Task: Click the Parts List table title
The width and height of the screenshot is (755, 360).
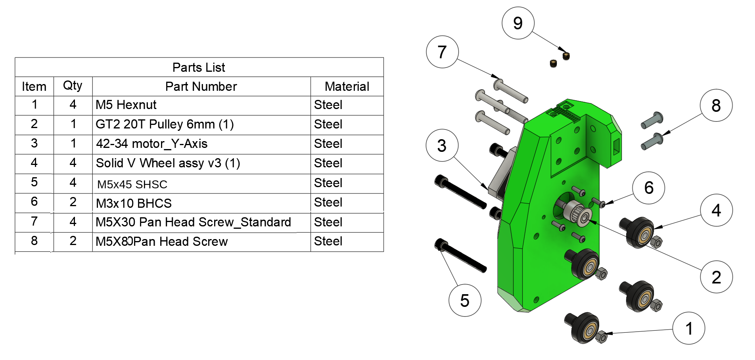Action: tap(199, 67)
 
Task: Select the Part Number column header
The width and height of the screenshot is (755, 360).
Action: tap(201, 86)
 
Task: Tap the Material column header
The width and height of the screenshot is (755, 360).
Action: tap(347, 86)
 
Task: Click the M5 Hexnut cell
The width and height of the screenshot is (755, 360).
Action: tap(126, 105)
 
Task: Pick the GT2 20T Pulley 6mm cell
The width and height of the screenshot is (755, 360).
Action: tap(165, 124)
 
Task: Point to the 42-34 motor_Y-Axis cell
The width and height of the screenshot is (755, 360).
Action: tap(151, 144)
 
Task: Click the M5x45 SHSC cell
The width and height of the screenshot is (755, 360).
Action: tap(132, 184)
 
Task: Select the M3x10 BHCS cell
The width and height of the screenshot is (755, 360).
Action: tap(134, 203)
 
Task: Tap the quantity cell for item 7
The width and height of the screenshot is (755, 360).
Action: tap(73, 222)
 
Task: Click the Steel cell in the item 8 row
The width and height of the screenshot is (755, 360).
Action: tap(328, 241)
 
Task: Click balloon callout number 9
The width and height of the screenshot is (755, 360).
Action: tap(518, 23)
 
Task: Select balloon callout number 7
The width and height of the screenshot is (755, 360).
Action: tap(442, 52)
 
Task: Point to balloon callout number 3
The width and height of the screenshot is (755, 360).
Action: tap(442, 146)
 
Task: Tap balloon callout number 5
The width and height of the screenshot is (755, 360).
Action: tap(465, 301)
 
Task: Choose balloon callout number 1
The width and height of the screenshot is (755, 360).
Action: tap(689, 328)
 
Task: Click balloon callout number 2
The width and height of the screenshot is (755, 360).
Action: tap(716, 277)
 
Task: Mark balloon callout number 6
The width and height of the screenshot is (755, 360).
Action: tap(649, 188)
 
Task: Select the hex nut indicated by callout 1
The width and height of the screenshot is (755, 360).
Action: tap(601, 337)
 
